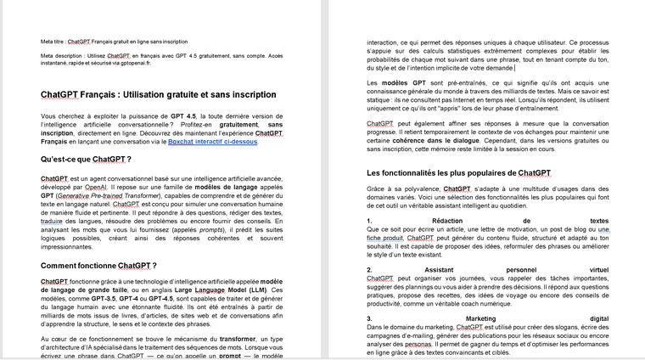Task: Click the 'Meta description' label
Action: click(x=61, y=55)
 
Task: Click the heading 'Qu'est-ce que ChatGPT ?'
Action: click(x=86, y=159)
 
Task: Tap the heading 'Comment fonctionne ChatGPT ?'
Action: click(x=98, y=266)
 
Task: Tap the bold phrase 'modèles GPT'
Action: click(x=402, y=82)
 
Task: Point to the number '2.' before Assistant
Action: click(x=371, y=269)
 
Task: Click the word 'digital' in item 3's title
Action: click(x=598, y=318)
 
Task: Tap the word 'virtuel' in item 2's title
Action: click(x=598, y=269)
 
